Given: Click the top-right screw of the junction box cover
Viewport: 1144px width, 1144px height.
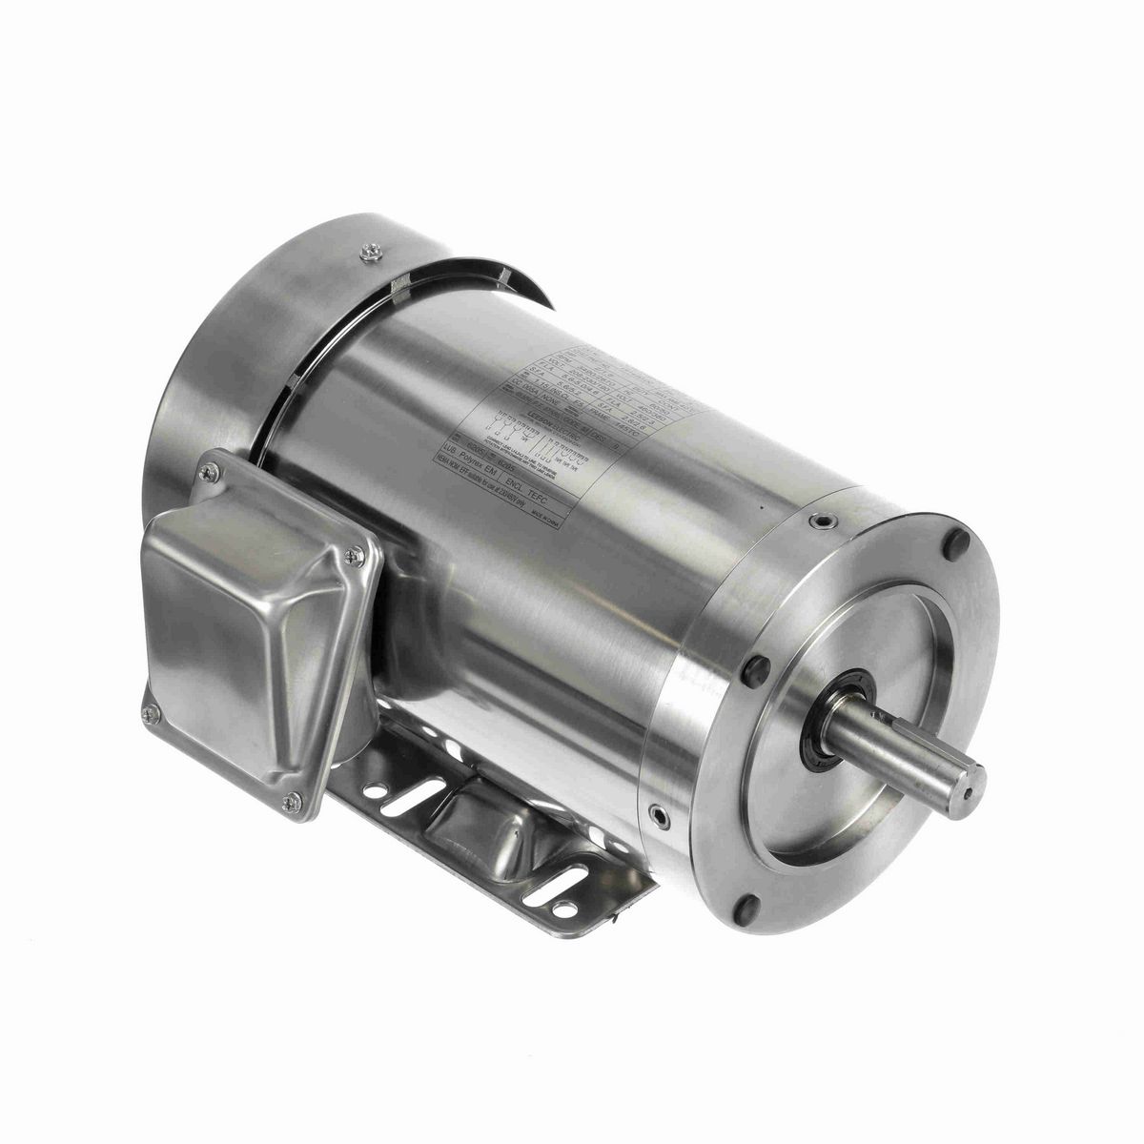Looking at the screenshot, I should pyautogui.click(x=356, y=549).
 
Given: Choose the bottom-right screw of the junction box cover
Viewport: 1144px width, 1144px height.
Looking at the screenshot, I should pyautogui.click(x=289, y=807).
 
